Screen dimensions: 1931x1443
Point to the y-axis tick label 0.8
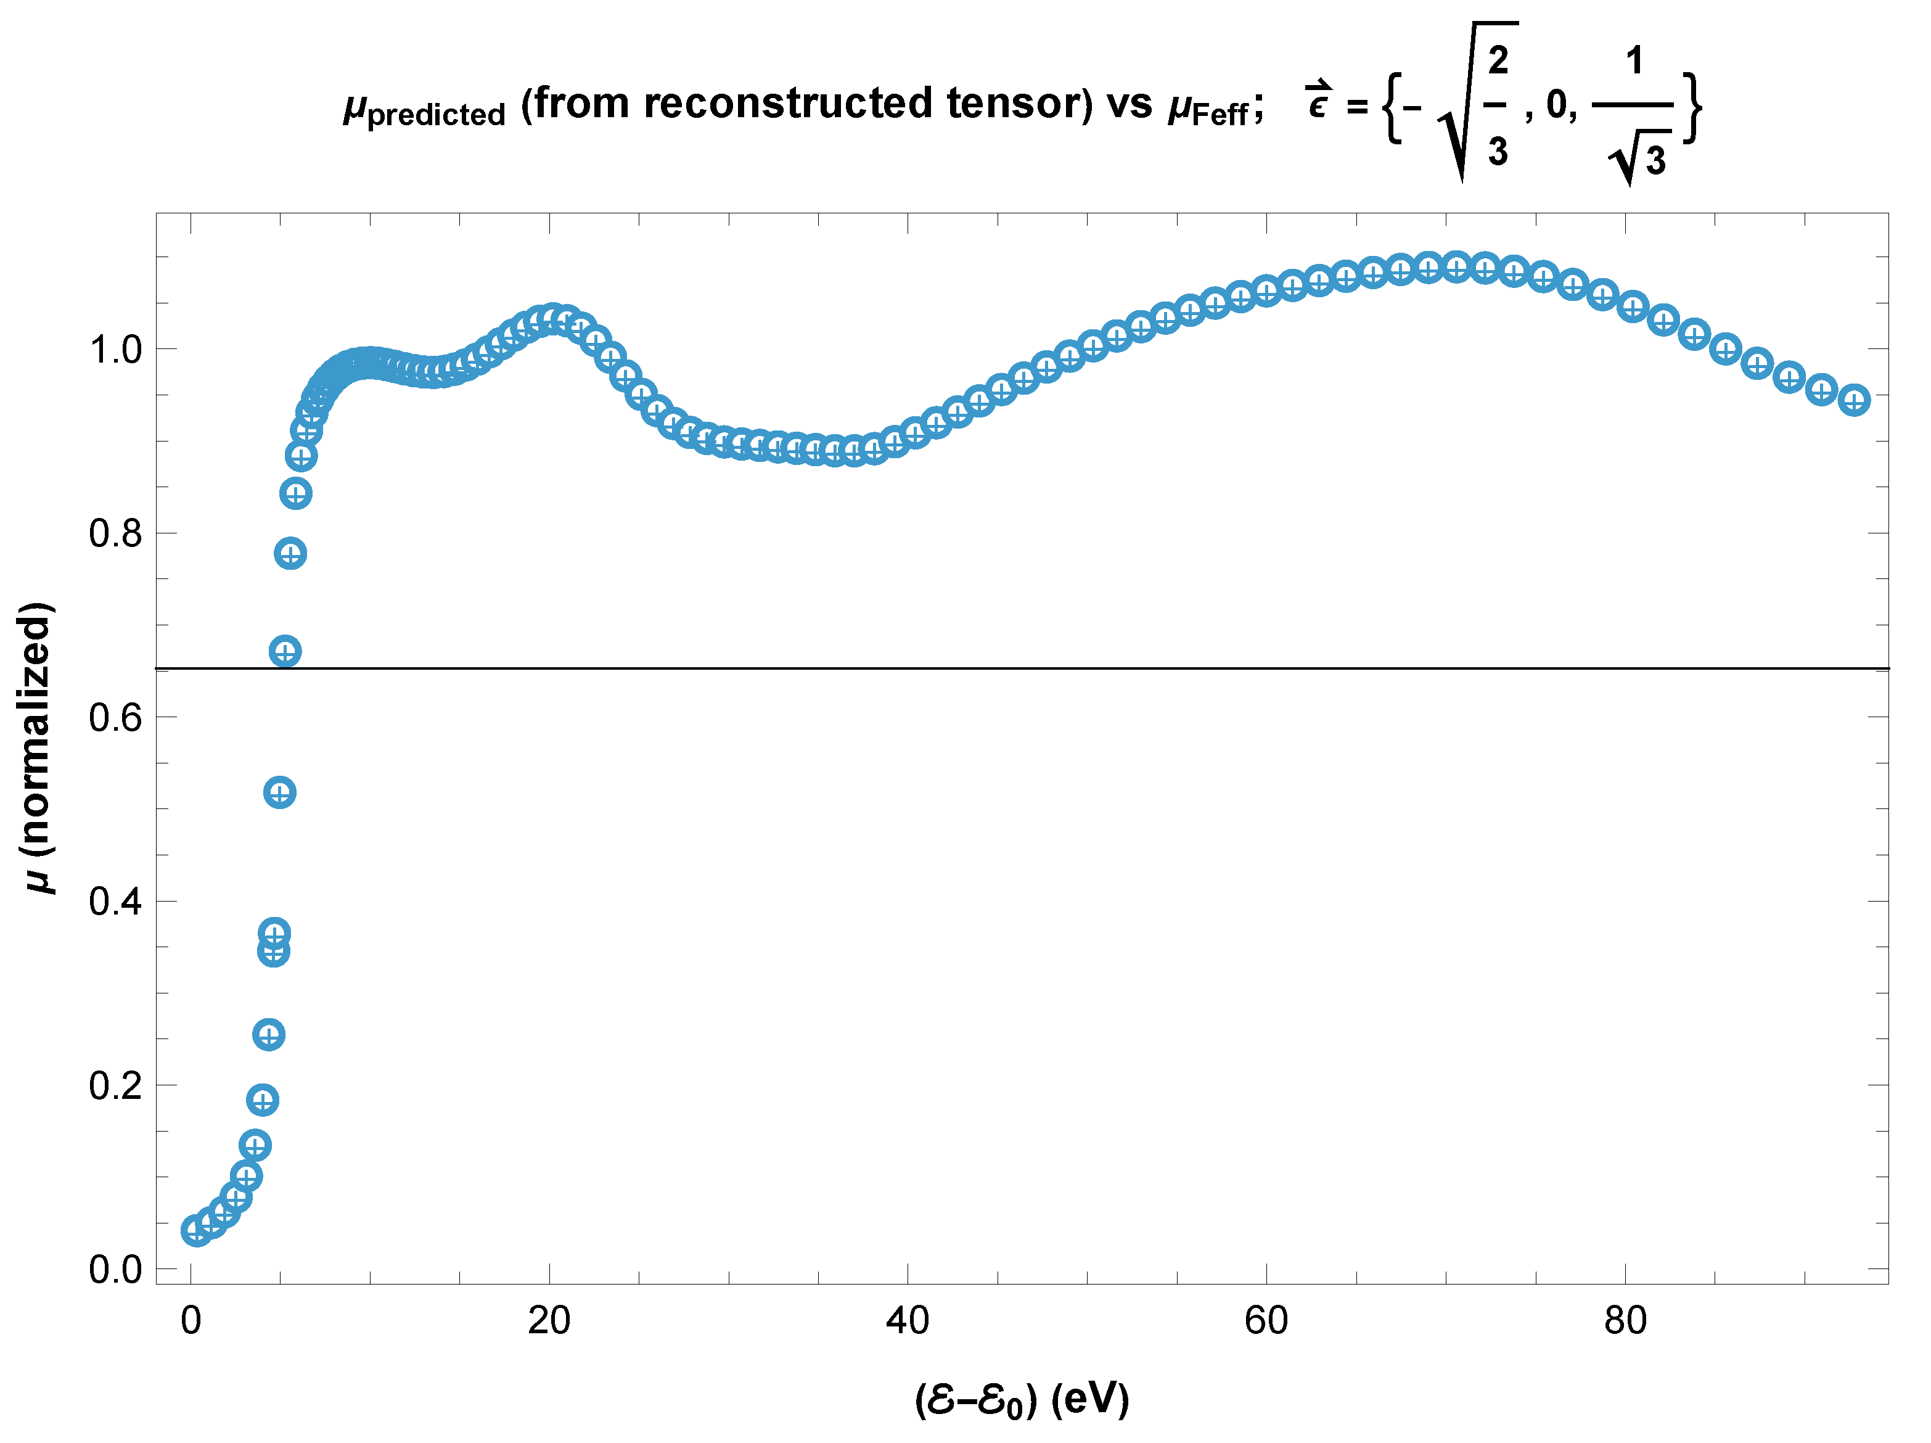pos(115,534)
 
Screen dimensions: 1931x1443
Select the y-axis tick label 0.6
pos(115,718)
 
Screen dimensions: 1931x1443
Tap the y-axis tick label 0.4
pos(115,902)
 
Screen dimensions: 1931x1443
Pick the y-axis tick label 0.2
pos(115,1086)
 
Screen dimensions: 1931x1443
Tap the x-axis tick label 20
pos(549,1321)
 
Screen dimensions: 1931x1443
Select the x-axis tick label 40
pos(908,1321)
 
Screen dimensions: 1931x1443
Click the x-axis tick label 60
pos(1266,1321)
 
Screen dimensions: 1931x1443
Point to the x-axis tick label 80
pos(1625,1321)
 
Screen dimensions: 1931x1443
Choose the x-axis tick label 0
pos(191,1321)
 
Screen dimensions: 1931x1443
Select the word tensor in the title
pos(1012,103)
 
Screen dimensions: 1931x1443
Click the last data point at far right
pos(1854,401)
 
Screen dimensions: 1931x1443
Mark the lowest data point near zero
pos(197,1231)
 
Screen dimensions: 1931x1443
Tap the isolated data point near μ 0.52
pos(279,792)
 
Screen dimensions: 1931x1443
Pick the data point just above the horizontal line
pos(285,651)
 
